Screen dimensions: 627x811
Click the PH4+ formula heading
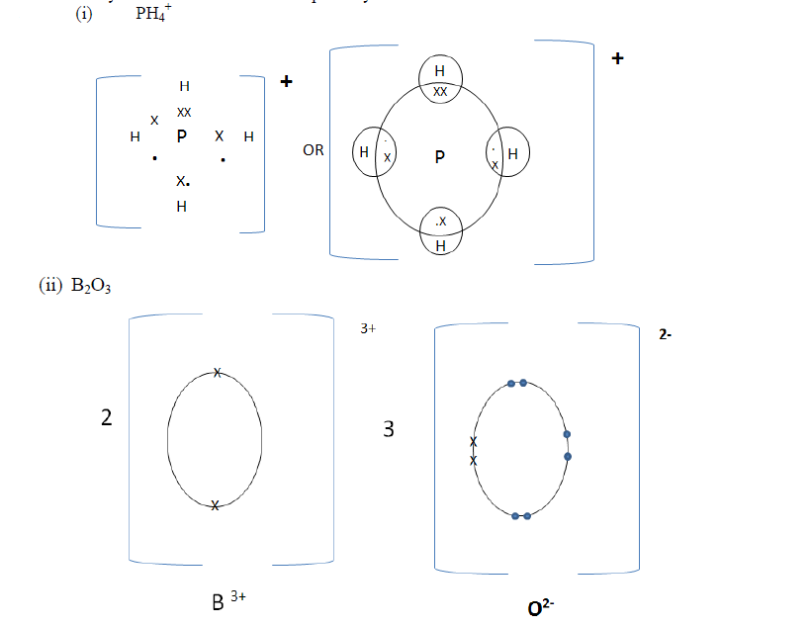[x=153, y=16]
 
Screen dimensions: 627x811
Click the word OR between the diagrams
[x=314, y=152]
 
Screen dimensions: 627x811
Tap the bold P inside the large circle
[x=439, y=156]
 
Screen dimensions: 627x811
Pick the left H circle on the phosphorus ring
[x=373, y=153]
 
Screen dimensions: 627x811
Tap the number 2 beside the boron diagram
[x=107, y=418]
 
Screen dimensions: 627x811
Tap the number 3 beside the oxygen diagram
[x=389, y=429]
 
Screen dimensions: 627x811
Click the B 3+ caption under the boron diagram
[x=225, y=600]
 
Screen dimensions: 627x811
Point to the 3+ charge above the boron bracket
[x=369, y=328]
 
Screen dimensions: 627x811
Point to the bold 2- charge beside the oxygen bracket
[x=666, y=335]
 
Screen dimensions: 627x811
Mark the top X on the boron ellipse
[x=217, y=372]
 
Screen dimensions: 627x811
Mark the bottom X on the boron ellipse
[x=215, y=505]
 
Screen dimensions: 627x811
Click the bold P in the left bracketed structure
[x=182, y=138]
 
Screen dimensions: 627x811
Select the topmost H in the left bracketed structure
[x=184, y=88]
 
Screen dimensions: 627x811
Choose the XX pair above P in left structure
[x=184, y=113]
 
